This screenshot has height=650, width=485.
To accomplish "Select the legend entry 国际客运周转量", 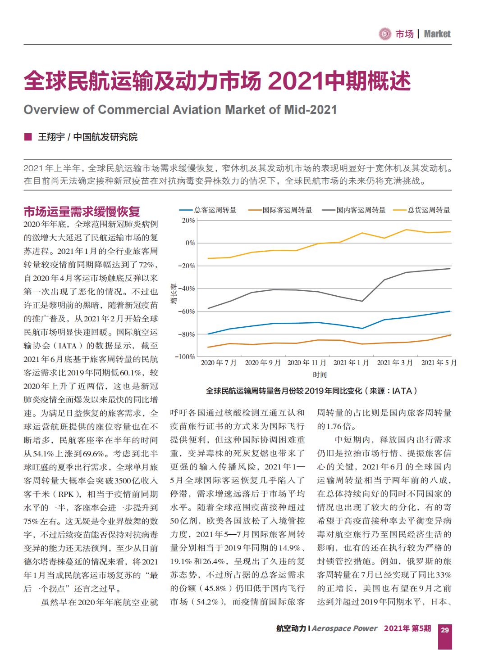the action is click(280, 210).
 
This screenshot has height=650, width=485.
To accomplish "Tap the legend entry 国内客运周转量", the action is click(353, 210).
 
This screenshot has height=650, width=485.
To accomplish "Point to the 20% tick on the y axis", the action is click(188, 221).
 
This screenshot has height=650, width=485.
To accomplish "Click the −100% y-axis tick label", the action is click(185, 357).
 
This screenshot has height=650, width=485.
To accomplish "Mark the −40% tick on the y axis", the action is click(187, 289).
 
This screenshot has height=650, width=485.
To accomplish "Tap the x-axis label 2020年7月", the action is click(219, 363).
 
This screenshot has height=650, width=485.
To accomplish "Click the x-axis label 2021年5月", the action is click(439, 363).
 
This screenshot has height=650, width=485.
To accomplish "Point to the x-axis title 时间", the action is click(320, 375).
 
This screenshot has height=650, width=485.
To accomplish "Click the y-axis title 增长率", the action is click(174, 293).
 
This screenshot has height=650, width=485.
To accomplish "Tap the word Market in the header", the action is click(437, 34).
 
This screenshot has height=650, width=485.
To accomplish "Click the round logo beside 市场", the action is click(385, 34).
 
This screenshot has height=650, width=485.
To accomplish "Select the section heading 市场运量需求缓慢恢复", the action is click(82, 212).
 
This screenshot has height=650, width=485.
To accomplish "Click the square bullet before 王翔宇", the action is click(28, 137).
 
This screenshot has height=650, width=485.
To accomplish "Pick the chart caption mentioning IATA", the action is click(311, 391).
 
